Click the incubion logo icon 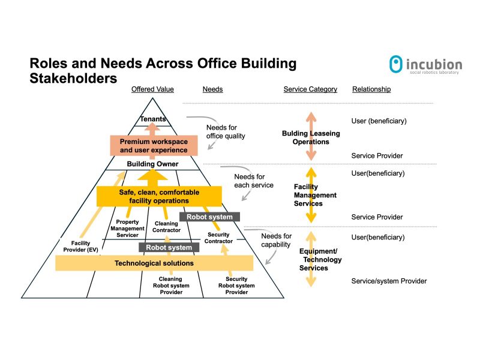tap(395, 64)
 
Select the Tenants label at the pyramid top tap(153, 119)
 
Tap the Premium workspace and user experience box tap(154, 146)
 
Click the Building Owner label tap(154, 164)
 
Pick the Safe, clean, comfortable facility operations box tap(159, 196)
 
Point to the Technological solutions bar tap(154, 263)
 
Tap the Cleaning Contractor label tap(166, 227)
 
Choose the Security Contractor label tap(218, 238)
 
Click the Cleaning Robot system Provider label tap(171, 286)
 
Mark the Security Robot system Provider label tap(236, 286)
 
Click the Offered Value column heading tap(153, 89)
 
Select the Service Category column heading tap(310, 89)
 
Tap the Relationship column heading tap(371, 89)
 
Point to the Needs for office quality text tap(226, 131)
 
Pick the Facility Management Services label tap(315, 195)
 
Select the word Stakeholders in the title tap(73, 78)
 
